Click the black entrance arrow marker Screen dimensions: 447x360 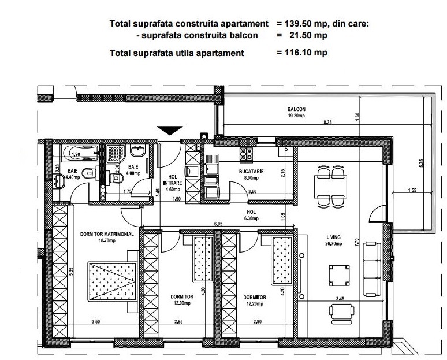coord(170,131)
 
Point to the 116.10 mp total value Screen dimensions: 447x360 coord(306,53)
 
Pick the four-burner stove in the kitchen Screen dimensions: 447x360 coord(246,154)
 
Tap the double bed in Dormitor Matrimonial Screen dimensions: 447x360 coord(112,281)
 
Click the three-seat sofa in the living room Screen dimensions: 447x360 coord(372,269)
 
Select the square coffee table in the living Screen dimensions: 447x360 coord(338,275)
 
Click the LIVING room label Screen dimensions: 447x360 coord(333,237)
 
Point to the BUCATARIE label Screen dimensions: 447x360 coord(251,172)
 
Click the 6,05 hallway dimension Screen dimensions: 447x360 coord(217,224)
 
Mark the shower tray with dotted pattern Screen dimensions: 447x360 coord(116,154)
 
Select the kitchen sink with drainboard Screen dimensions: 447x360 coord(212,164)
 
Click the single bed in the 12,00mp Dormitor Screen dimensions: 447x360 coord(203,259)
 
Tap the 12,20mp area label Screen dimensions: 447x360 coord(255,304)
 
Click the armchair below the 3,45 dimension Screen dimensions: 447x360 coord(341,314)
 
